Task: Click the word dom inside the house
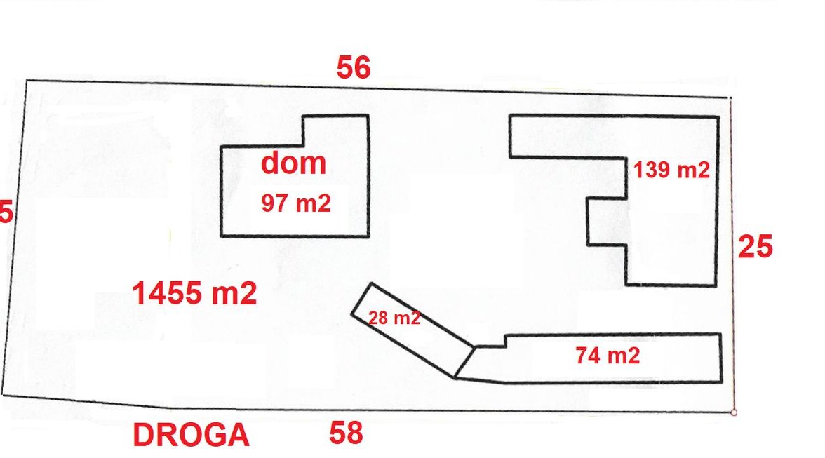coord(294,163)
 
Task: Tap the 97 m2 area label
coord(295,203)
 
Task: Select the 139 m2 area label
coord(671,170)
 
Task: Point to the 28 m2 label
coord(394,318)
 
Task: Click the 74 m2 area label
coord(608,356)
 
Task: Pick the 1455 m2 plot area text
coord(194,294)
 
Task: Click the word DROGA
coord(191,436)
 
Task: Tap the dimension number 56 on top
coord(353,68)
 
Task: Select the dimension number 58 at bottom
coord(346,433)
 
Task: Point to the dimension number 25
coord(755,247)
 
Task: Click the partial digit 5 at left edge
coord(6,212)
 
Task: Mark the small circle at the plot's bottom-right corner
coord(733,412)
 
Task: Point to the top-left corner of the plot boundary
coord(26,80)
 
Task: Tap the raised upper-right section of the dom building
coord(335,130)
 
